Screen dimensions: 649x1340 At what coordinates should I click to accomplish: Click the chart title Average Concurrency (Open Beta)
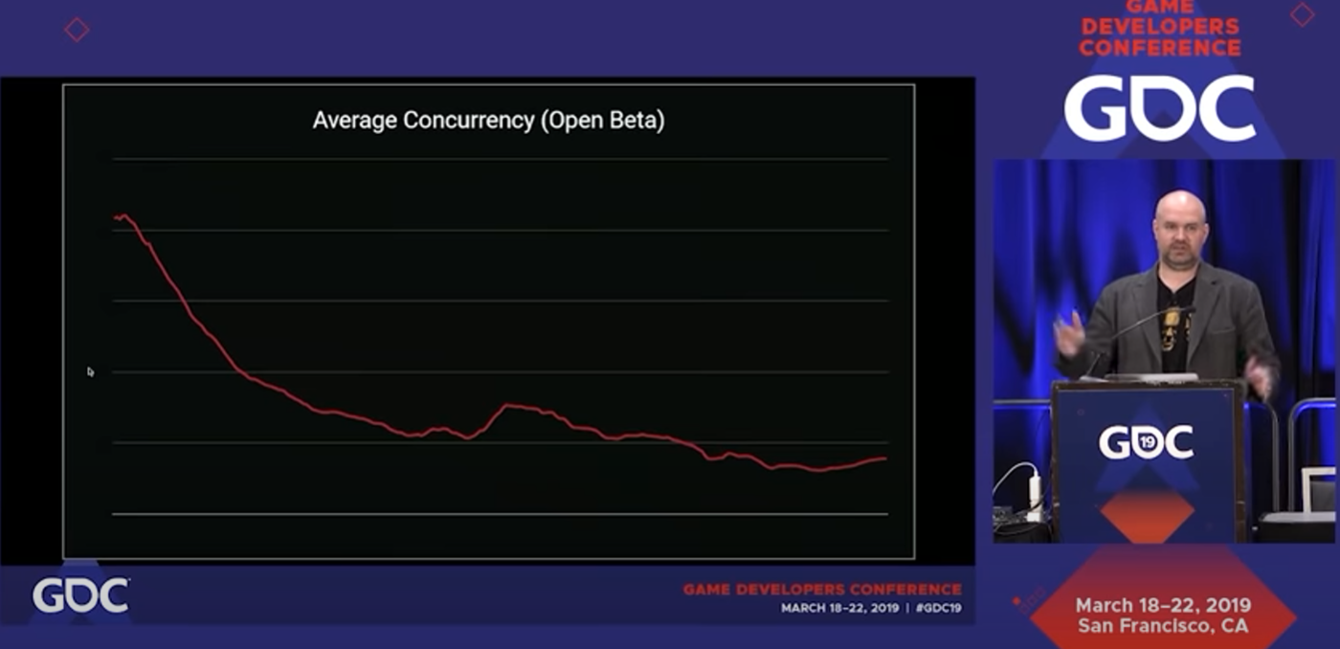pos(488,121)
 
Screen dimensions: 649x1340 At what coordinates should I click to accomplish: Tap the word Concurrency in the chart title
pos(468,121)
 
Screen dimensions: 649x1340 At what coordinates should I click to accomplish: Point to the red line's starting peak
pos(122,216)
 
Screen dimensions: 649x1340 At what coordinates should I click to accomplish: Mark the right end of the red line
pos(883,459)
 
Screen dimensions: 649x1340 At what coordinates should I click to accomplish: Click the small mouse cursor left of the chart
pos(90,371)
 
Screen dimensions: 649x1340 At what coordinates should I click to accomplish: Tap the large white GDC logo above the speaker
pos(1159,108)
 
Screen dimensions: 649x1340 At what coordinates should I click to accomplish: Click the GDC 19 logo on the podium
pos(1146,441)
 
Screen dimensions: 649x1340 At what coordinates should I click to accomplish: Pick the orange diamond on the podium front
pos(1146,516)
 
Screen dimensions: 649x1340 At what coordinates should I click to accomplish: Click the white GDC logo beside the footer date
pos(80,595)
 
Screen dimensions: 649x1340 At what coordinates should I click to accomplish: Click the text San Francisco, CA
pos(1163,626)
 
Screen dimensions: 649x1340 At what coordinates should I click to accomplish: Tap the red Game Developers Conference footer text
pos(821,590)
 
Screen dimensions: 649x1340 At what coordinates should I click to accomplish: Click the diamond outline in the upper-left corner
pos(77,30)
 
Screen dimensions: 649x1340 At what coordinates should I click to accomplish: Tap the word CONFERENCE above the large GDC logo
pos(1160,46)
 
